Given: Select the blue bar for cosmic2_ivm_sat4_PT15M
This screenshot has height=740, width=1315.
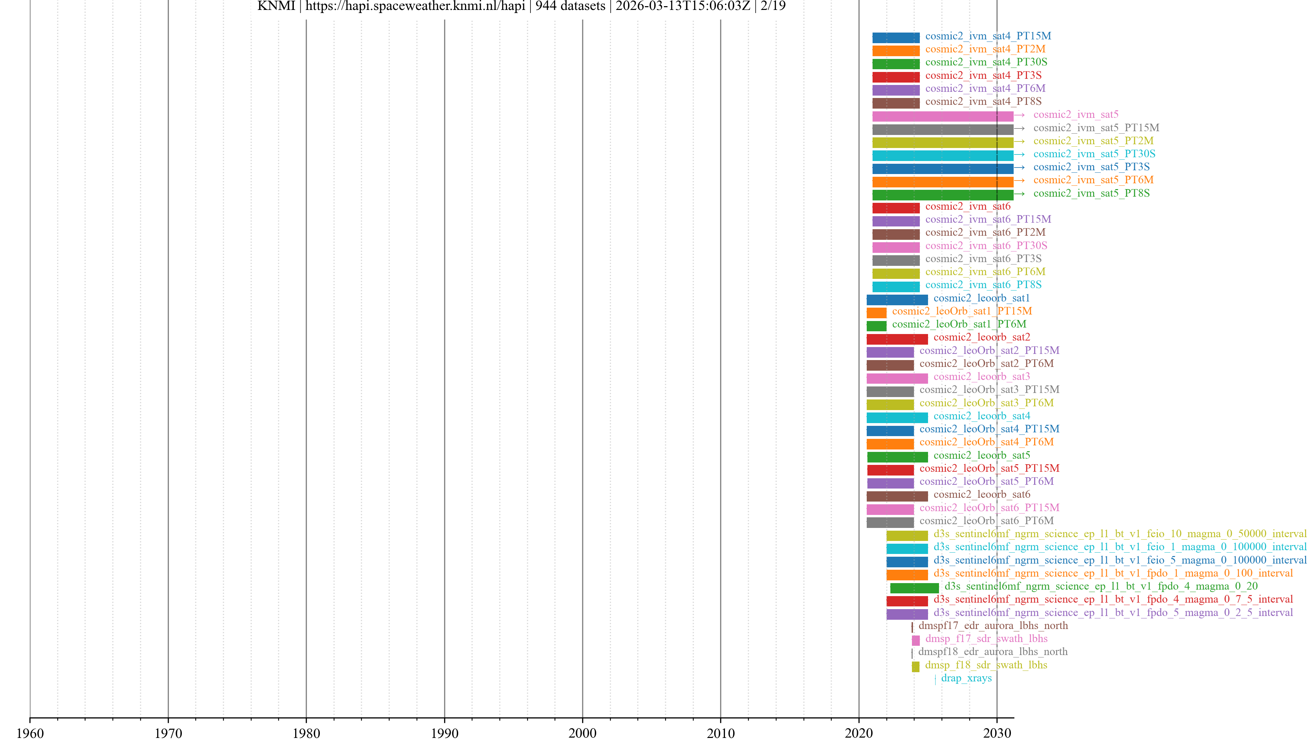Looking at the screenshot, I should point(896,38).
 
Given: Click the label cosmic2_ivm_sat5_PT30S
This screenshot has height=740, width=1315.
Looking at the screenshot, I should point(1094,154).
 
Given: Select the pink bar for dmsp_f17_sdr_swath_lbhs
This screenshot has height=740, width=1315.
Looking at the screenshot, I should point(915,640).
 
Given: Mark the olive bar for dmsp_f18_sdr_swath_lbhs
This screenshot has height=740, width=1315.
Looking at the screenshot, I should point(915,666).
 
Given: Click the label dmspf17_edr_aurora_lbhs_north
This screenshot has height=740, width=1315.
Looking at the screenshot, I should point(993,626).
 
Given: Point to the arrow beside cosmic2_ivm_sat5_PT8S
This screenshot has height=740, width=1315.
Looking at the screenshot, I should point(1019,194).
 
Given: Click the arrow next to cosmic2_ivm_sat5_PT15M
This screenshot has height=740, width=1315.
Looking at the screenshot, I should point(1019,128).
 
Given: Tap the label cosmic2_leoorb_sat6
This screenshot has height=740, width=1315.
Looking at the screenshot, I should point(982,494).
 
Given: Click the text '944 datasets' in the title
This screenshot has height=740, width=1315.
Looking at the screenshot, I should point(570,6).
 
